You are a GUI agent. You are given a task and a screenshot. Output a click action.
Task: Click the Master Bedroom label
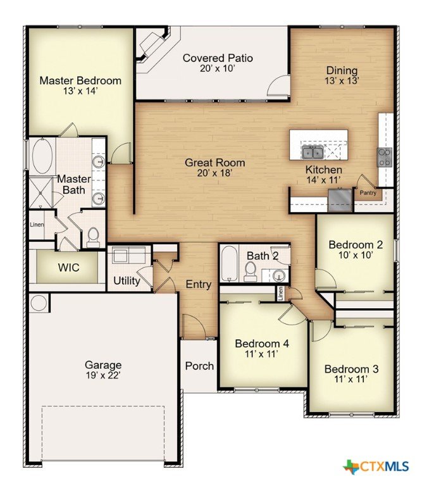(x=80, y=80)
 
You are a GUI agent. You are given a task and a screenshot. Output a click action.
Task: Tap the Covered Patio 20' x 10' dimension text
(x=218, y=68)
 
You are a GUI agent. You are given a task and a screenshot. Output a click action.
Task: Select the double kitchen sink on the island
(x=313, y=152)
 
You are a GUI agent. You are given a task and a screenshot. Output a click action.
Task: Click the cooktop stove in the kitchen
(x=385, y=157)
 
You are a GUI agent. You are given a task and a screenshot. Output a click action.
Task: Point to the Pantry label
(x=368, y=192)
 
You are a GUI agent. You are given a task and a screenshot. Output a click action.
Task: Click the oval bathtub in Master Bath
(x=42, y=155)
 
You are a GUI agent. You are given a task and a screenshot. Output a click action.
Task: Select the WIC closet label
(x=68, y=267)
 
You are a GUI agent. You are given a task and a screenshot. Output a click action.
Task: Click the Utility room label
(x=127, y=281)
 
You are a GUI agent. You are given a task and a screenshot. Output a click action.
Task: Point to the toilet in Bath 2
(x=250, y=271)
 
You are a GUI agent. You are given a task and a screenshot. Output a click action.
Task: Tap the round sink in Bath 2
(x=280, y=275)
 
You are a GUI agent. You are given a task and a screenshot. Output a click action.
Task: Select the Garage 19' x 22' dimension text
(x=103, y=376)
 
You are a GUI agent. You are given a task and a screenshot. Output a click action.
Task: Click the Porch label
(x=199, y=366)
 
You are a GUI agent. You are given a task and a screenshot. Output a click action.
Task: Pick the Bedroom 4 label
(x=262, y=344)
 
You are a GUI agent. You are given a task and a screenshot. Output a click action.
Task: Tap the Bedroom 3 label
(x=351, y=369)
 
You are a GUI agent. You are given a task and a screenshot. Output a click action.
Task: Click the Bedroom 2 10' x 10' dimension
(x=356, y=255)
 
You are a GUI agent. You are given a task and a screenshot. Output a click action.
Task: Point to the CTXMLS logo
(x=376, y=466)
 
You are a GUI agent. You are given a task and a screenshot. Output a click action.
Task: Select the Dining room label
(x=342, y=70)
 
